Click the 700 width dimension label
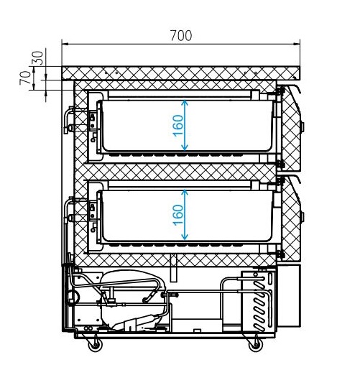click(181, 36)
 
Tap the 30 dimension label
click(38, 57)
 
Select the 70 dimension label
click(25, 78)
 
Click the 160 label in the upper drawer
click(178, 126)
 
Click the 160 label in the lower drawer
click(178, 215)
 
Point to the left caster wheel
click(96, 345)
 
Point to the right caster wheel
click(256, 345)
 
